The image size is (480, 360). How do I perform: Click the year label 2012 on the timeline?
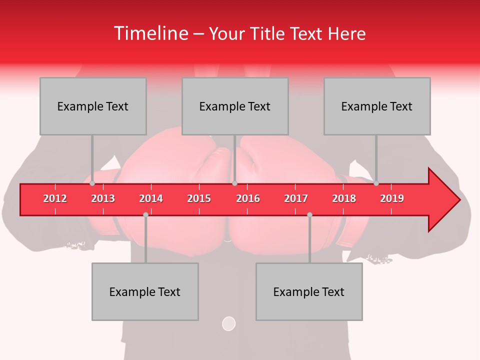tap(55, 198)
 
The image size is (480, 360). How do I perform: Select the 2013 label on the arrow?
tap(103, 198)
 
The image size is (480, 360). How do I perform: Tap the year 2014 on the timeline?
tap(151, 198)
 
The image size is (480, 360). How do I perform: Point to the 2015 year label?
tap(199, 198)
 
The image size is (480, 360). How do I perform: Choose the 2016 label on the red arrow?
tap(248, 198)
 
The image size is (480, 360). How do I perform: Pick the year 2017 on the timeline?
tap(296, 198)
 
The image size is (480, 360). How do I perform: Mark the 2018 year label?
tap(344, 198)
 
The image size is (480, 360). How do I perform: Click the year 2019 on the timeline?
tap(392, 198)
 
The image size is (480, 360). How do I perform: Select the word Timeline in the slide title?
tap(150, 33)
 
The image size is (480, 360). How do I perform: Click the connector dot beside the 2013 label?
tap(92, 183)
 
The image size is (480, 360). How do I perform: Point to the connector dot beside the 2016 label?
tap(234, 183)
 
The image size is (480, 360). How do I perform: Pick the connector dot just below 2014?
tap(145, 214)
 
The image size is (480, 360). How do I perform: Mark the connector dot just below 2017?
tap(309, 214)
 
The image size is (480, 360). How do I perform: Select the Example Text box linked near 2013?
tap(93, 106)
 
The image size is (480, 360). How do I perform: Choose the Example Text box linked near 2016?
tap(235, 106)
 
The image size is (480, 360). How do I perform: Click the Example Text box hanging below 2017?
tap(309, 291)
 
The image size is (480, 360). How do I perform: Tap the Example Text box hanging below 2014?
tap(145, 291)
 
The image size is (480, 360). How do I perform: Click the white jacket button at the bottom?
tap(228, 323)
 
